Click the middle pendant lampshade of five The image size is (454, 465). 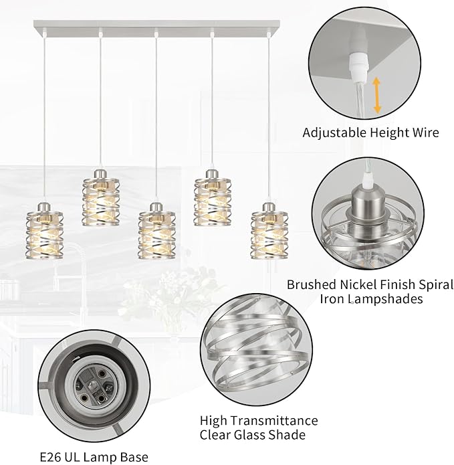156,231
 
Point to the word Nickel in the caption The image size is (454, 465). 352,284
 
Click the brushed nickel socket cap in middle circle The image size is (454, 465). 368,207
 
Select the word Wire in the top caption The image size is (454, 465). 425,132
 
